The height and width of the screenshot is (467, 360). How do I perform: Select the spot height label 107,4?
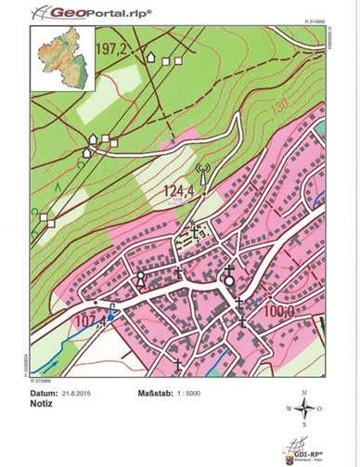tap(91, 321)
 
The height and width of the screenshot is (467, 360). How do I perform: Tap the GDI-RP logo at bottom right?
tap(306, 448)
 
